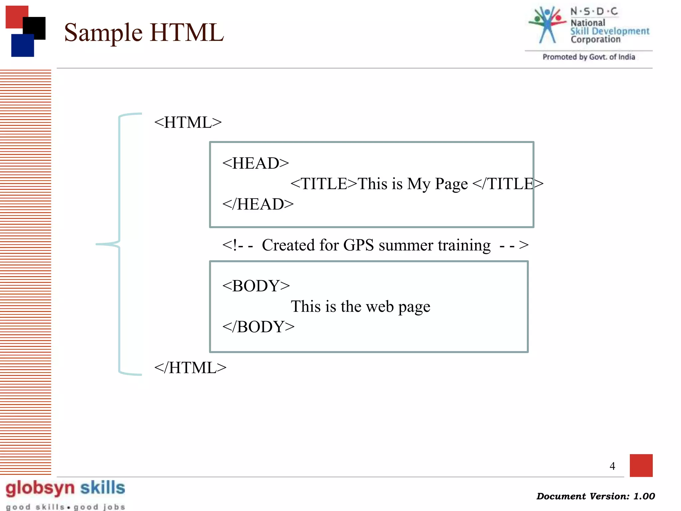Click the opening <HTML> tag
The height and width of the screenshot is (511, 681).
(x=188, y=122)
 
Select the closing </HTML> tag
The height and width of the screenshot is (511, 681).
(x=190, y=368)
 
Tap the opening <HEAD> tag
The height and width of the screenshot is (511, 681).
(x=255, y=163)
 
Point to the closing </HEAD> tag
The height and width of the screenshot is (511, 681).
(x=258, y=204)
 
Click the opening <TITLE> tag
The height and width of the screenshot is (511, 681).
(x=324, y=184)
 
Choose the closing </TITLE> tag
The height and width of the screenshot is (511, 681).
(x=507, y=184)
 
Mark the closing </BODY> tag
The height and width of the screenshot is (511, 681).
(x=258, y=327)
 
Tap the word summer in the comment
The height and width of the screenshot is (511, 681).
(x=406, y=246)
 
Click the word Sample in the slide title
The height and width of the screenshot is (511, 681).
(x=103, y=33)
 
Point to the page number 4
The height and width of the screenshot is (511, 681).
(x=612, y=466)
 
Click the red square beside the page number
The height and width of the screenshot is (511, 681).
(x=641, y=465)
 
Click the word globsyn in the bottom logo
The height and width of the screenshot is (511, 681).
(x=40, y=488)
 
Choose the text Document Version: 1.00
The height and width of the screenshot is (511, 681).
(x=595, y=496)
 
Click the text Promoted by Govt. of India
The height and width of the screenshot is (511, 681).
(x=589, y=57)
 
